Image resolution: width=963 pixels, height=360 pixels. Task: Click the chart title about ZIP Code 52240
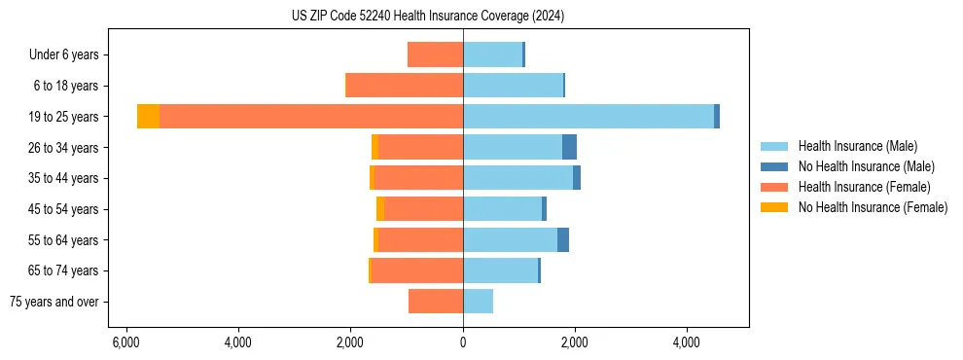click(428, 17)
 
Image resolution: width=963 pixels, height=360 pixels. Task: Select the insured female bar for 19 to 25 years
click(311, 117)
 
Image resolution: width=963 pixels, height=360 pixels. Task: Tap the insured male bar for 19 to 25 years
click(588, 117)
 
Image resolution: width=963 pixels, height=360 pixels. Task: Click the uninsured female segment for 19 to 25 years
click(148, 117)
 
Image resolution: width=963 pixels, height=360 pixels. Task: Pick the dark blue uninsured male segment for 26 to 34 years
click(569, 147)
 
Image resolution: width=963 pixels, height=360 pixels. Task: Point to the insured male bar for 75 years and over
click(478, 302)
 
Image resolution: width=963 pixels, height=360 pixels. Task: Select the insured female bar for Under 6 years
click(435, 55)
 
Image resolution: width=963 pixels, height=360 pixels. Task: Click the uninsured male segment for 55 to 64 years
click(563, 240)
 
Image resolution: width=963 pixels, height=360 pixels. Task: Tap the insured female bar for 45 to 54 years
click(423, 209)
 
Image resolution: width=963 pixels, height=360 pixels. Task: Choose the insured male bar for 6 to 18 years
click(513, 86)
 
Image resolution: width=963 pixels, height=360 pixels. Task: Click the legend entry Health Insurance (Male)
click(857, 146)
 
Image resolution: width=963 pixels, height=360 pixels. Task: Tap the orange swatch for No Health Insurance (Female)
click(774, 207)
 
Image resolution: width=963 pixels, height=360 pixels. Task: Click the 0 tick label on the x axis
click(463, 342)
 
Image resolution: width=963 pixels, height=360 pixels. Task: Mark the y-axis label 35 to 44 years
click(63, 178)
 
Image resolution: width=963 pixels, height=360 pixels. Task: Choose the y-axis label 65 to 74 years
click(63, 270)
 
